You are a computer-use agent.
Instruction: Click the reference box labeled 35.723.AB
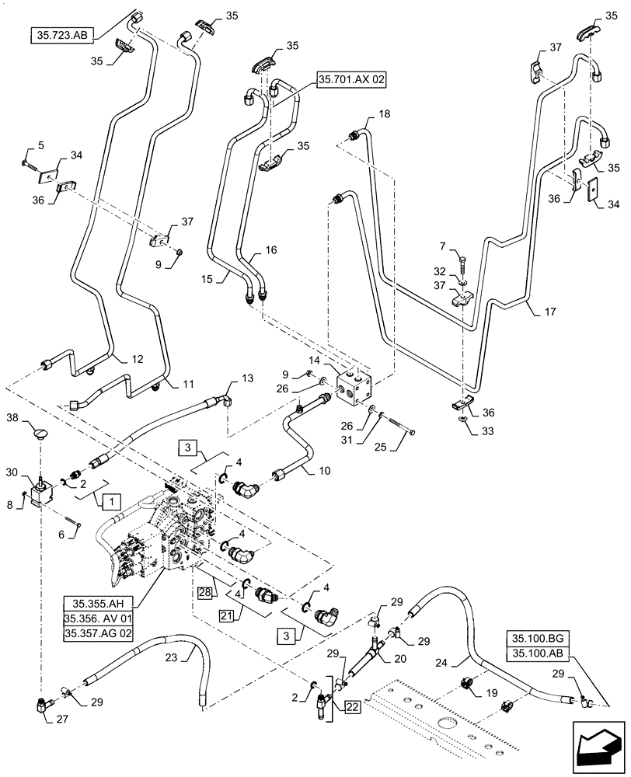pyautogui.click(x=62, y=35)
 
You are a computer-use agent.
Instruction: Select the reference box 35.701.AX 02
pyautogui.click(x=352, y=78)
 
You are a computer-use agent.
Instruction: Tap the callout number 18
pyautogui.click(x=385, y=115)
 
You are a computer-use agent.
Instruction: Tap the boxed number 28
pyautogui.click(x=204, y=594)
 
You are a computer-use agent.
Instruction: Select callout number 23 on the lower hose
pyautogui.click(x=173, y=657)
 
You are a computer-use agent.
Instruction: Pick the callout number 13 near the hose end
pyautogui.click(x=247, y=378)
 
